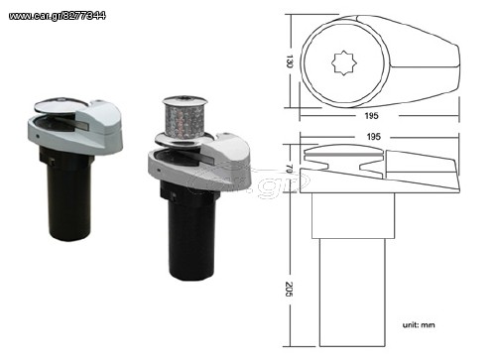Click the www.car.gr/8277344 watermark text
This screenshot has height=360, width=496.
(x=58, y=16)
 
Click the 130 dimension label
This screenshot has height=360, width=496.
(x=290, y=61)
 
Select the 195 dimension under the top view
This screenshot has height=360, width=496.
(x=371, y=116)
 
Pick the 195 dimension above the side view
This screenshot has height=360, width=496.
(x=373, y=137)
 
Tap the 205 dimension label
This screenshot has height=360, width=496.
(x=289, y=289)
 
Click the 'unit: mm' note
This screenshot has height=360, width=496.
(x=419, y=325)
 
